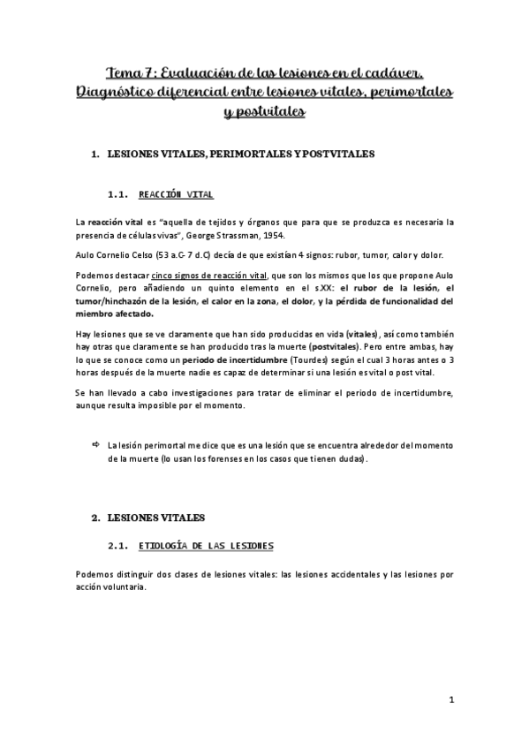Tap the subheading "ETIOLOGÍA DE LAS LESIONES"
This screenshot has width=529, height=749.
207,545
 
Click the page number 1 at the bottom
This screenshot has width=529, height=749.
450,701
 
